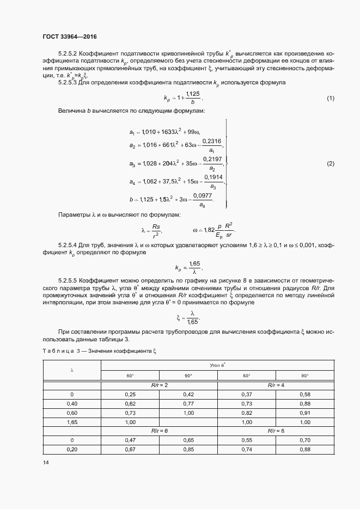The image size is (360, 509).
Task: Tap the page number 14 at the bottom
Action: [x=45, y=462]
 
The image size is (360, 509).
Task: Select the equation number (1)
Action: [x=330, y=99]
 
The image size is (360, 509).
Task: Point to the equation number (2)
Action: [x=330, y=164]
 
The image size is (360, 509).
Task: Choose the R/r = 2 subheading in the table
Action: [x=160, y=385]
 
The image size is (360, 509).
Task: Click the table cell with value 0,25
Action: [x=130, y=394]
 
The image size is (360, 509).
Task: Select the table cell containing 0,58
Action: [x=305, y=394]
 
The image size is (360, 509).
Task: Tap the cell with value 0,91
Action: [x=305, y=413]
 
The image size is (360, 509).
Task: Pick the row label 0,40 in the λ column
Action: [x=72, y=403]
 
